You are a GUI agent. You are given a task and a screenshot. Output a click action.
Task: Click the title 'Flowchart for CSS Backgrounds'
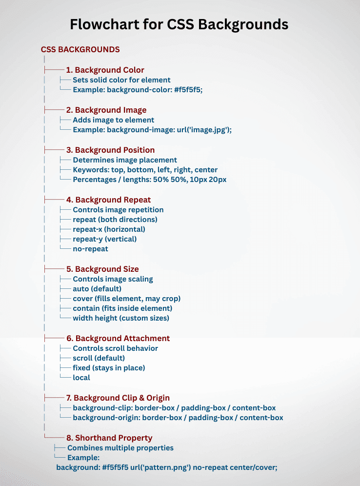(x=179, y=24)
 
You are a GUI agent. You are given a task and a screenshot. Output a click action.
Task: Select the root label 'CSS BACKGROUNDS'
(x=80, y=50)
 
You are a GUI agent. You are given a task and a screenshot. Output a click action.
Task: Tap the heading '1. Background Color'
(x=105, y=70)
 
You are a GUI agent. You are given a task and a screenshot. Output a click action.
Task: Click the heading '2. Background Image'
(x=106, y=110)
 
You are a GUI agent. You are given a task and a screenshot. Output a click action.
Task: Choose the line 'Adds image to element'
(x=113, y=120)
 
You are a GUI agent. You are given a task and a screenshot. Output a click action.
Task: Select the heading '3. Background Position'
(x=110, y=150)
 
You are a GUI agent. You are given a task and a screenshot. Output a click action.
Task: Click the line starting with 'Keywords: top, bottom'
(x=145, y=170)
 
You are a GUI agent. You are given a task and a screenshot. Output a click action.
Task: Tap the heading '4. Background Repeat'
(x=108, y=200)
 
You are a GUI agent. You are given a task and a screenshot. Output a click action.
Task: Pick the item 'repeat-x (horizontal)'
(x=109, y=229)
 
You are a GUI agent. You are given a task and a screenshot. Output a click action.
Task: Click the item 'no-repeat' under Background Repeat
(x=90, y=249)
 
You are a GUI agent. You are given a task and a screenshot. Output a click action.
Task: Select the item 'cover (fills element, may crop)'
(x=126, y=299)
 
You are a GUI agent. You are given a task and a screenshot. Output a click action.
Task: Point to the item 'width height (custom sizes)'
(x=120, y=318)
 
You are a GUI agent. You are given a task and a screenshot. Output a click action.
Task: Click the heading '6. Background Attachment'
(x=118, y=338)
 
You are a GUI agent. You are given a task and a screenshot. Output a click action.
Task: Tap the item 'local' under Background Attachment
(x=81, y=378)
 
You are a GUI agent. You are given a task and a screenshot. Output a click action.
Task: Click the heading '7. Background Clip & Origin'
(x=118, y=398)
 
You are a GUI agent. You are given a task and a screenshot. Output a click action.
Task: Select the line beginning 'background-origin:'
(x=178, y=418)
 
